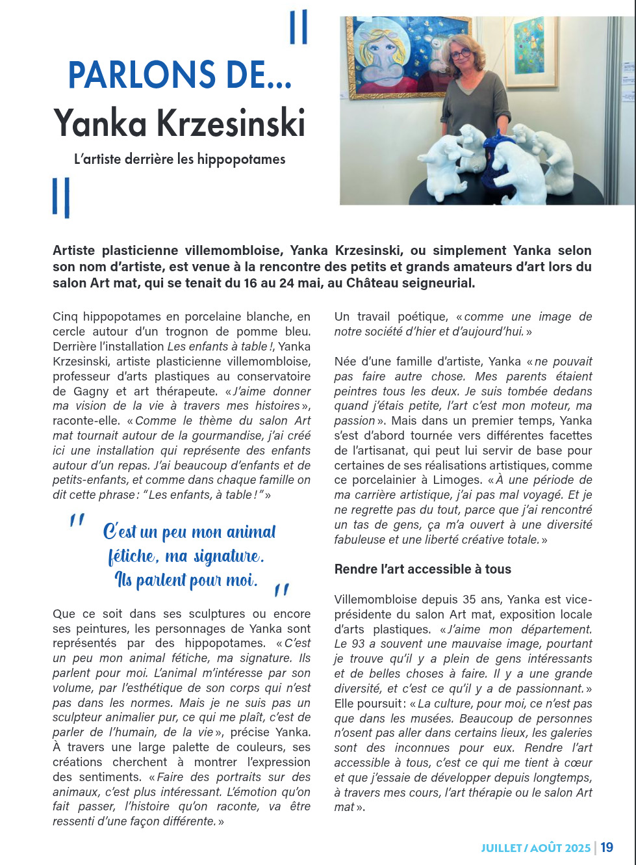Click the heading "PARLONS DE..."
coord(179,75)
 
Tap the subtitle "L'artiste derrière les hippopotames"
coord(179,159)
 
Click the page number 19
coord(607,847)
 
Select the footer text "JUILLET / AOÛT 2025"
coord(535,848)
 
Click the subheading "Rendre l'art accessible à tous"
coord(422,569)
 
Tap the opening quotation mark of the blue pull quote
coord(77,520)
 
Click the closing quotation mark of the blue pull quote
coord(281,590)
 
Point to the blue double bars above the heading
coord(298,27)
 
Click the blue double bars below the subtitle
coord(61,198)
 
